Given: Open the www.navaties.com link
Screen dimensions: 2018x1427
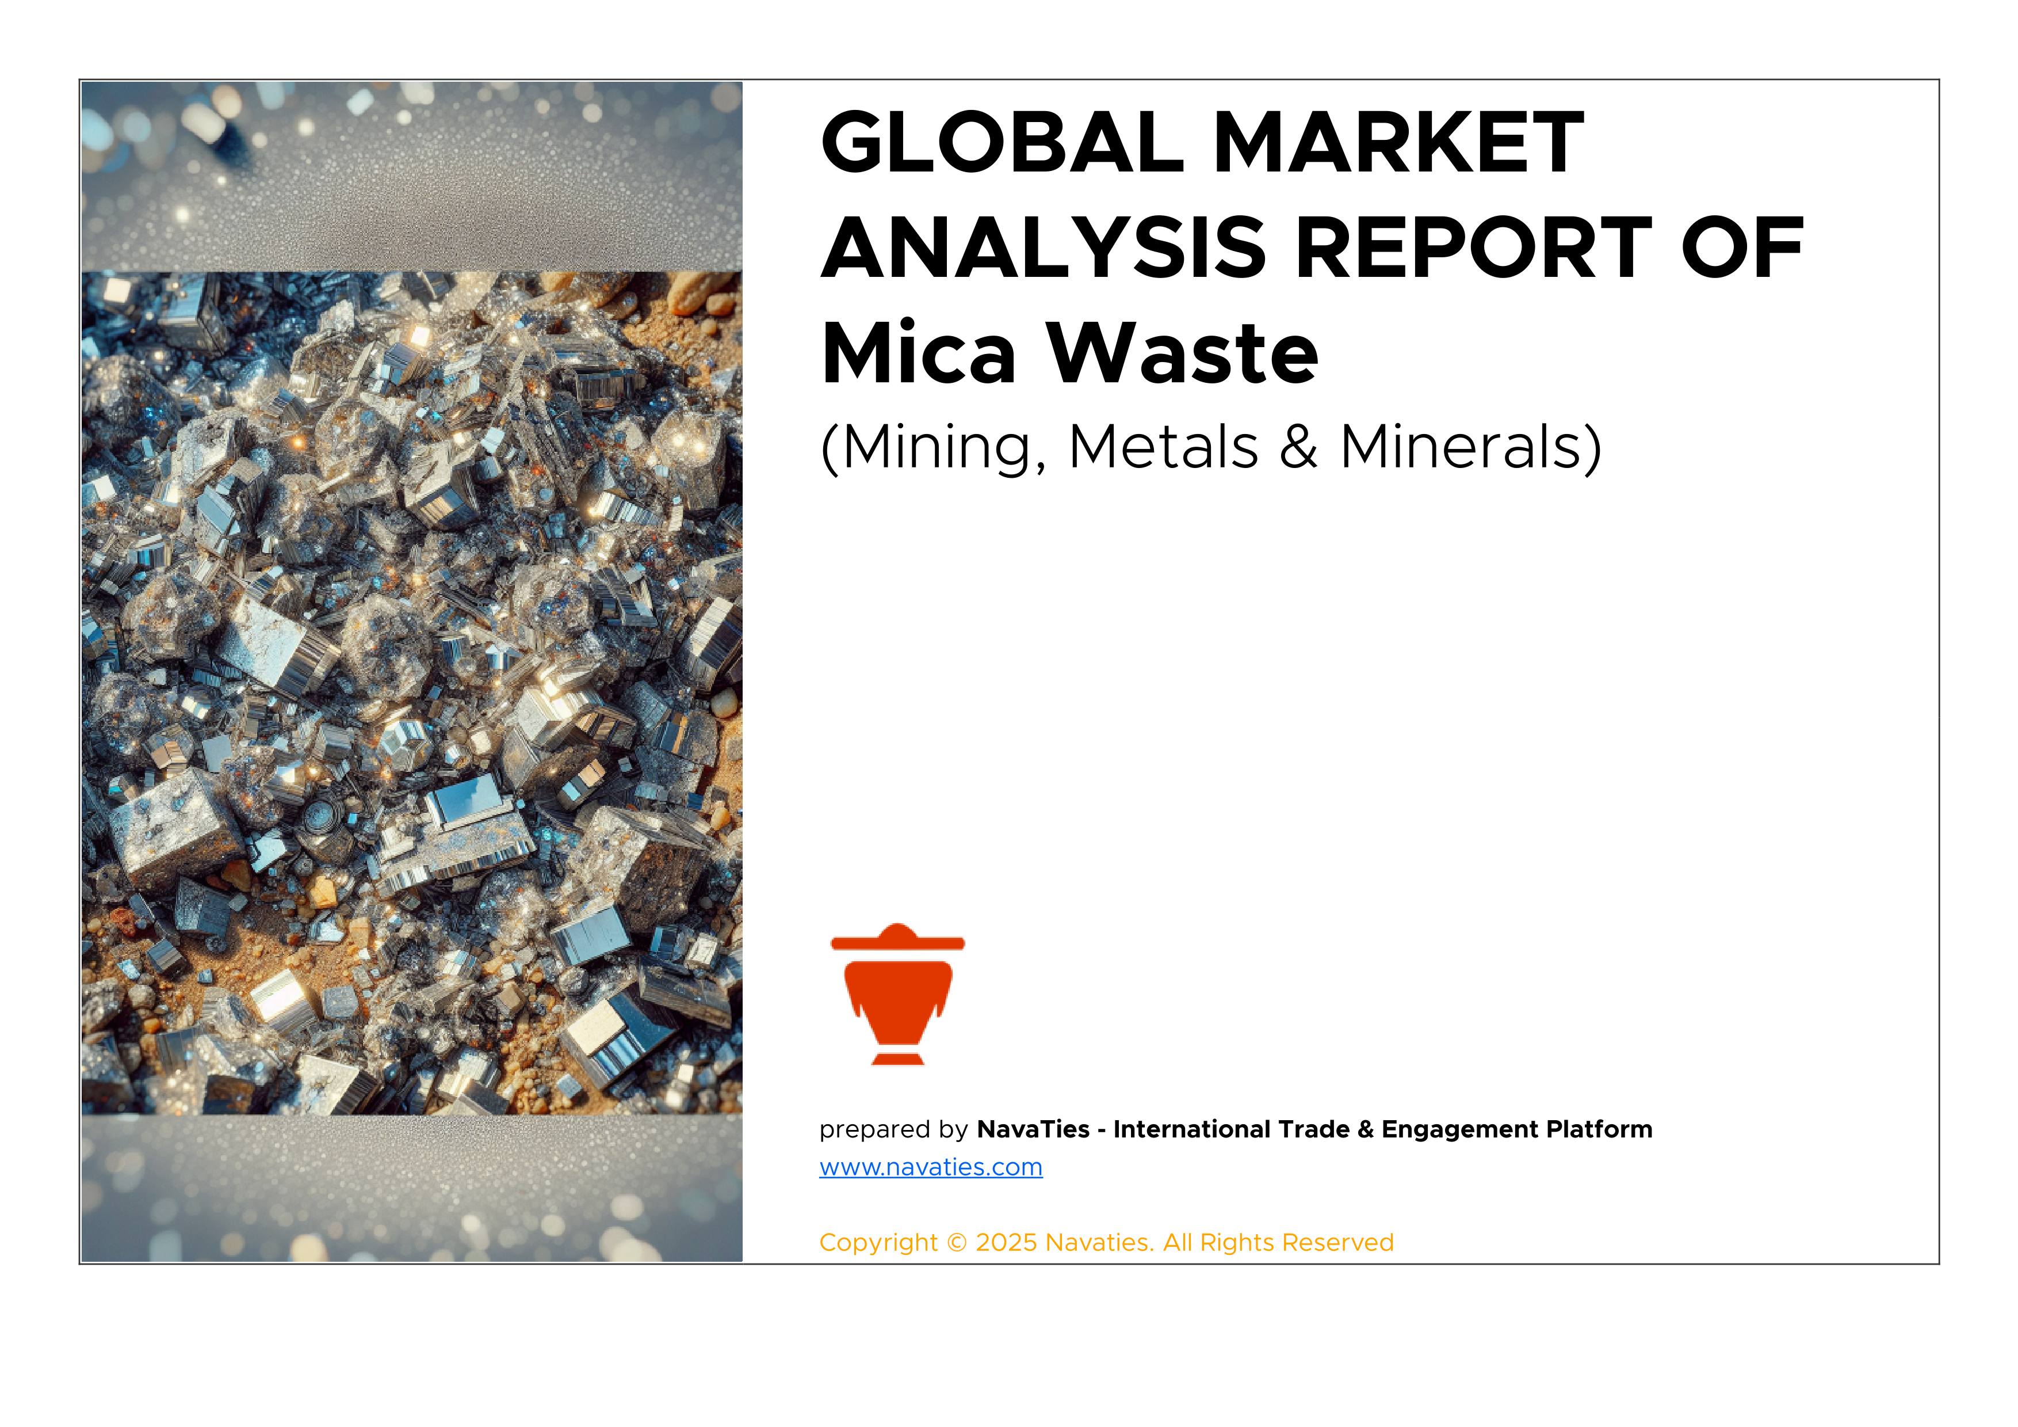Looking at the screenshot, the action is click(x=931, y=1167).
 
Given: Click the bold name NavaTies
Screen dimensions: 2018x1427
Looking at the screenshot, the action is click(x=1033, y=1129).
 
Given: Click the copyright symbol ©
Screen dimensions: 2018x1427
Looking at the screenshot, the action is click(x=956, y=1242).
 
